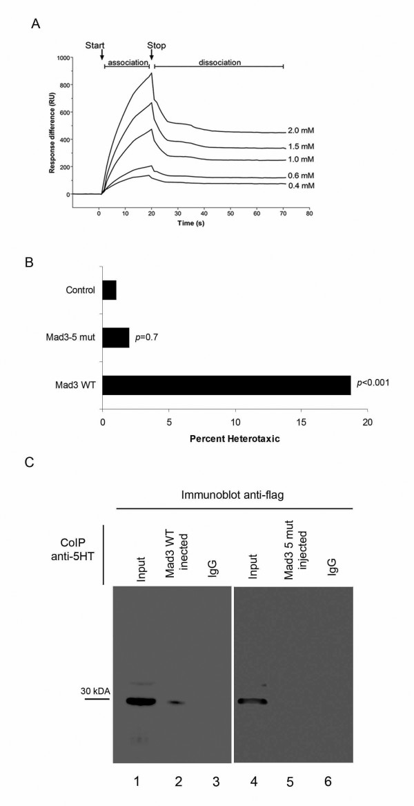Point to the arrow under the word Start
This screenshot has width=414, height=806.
point(102,55)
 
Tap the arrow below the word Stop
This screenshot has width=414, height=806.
point(152,55)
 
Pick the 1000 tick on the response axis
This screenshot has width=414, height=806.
point(64,58)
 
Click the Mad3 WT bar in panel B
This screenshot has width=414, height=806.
point(226,385)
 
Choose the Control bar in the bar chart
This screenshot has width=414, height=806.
point(109,289)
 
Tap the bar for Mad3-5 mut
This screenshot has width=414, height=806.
point(115,337)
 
